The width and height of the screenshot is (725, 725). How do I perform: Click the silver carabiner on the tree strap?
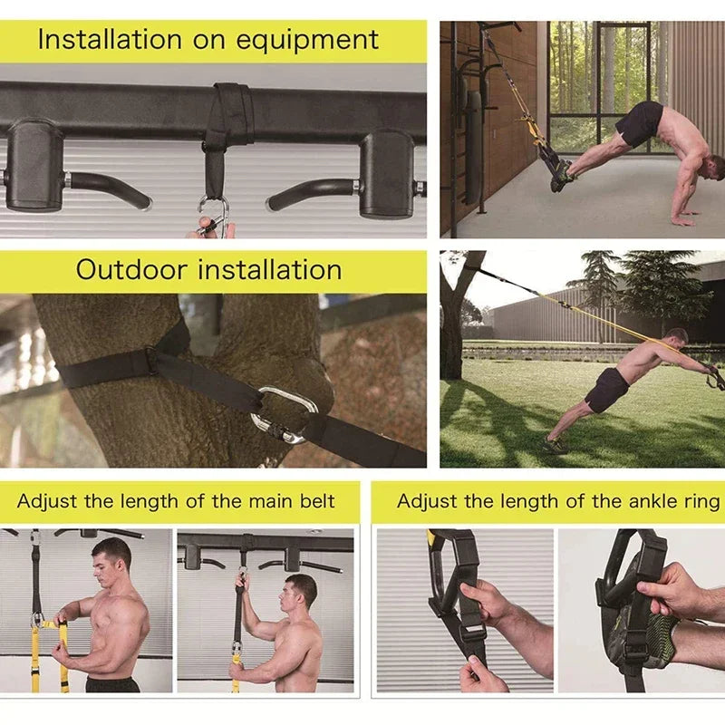(284, 414)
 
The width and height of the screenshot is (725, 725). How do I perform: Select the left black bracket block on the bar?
(34, 167)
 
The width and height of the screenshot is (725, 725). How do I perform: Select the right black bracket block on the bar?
(386, 172)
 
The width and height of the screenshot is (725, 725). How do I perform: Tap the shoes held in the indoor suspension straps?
(562, 174)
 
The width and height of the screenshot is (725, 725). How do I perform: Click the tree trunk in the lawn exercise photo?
(451, 326)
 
